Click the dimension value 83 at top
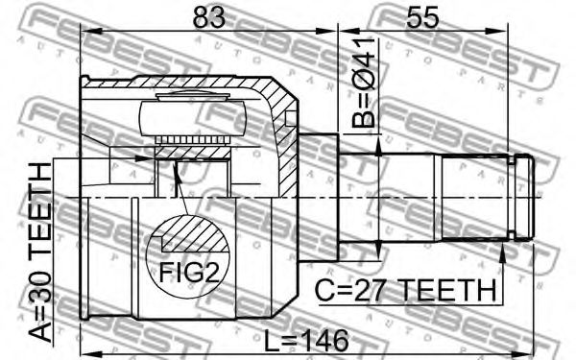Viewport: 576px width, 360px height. pos(209,17)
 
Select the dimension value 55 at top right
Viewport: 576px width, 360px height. pos(422,17)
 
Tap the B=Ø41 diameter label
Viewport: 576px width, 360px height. pos(364,83)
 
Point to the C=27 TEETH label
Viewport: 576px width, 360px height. pos(406,290)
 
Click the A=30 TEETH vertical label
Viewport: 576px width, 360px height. pos(40,252)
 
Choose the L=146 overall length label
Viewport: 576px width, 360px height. pos(307,340)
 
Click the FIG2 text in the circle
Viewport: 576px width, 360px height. pos(189,273)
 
